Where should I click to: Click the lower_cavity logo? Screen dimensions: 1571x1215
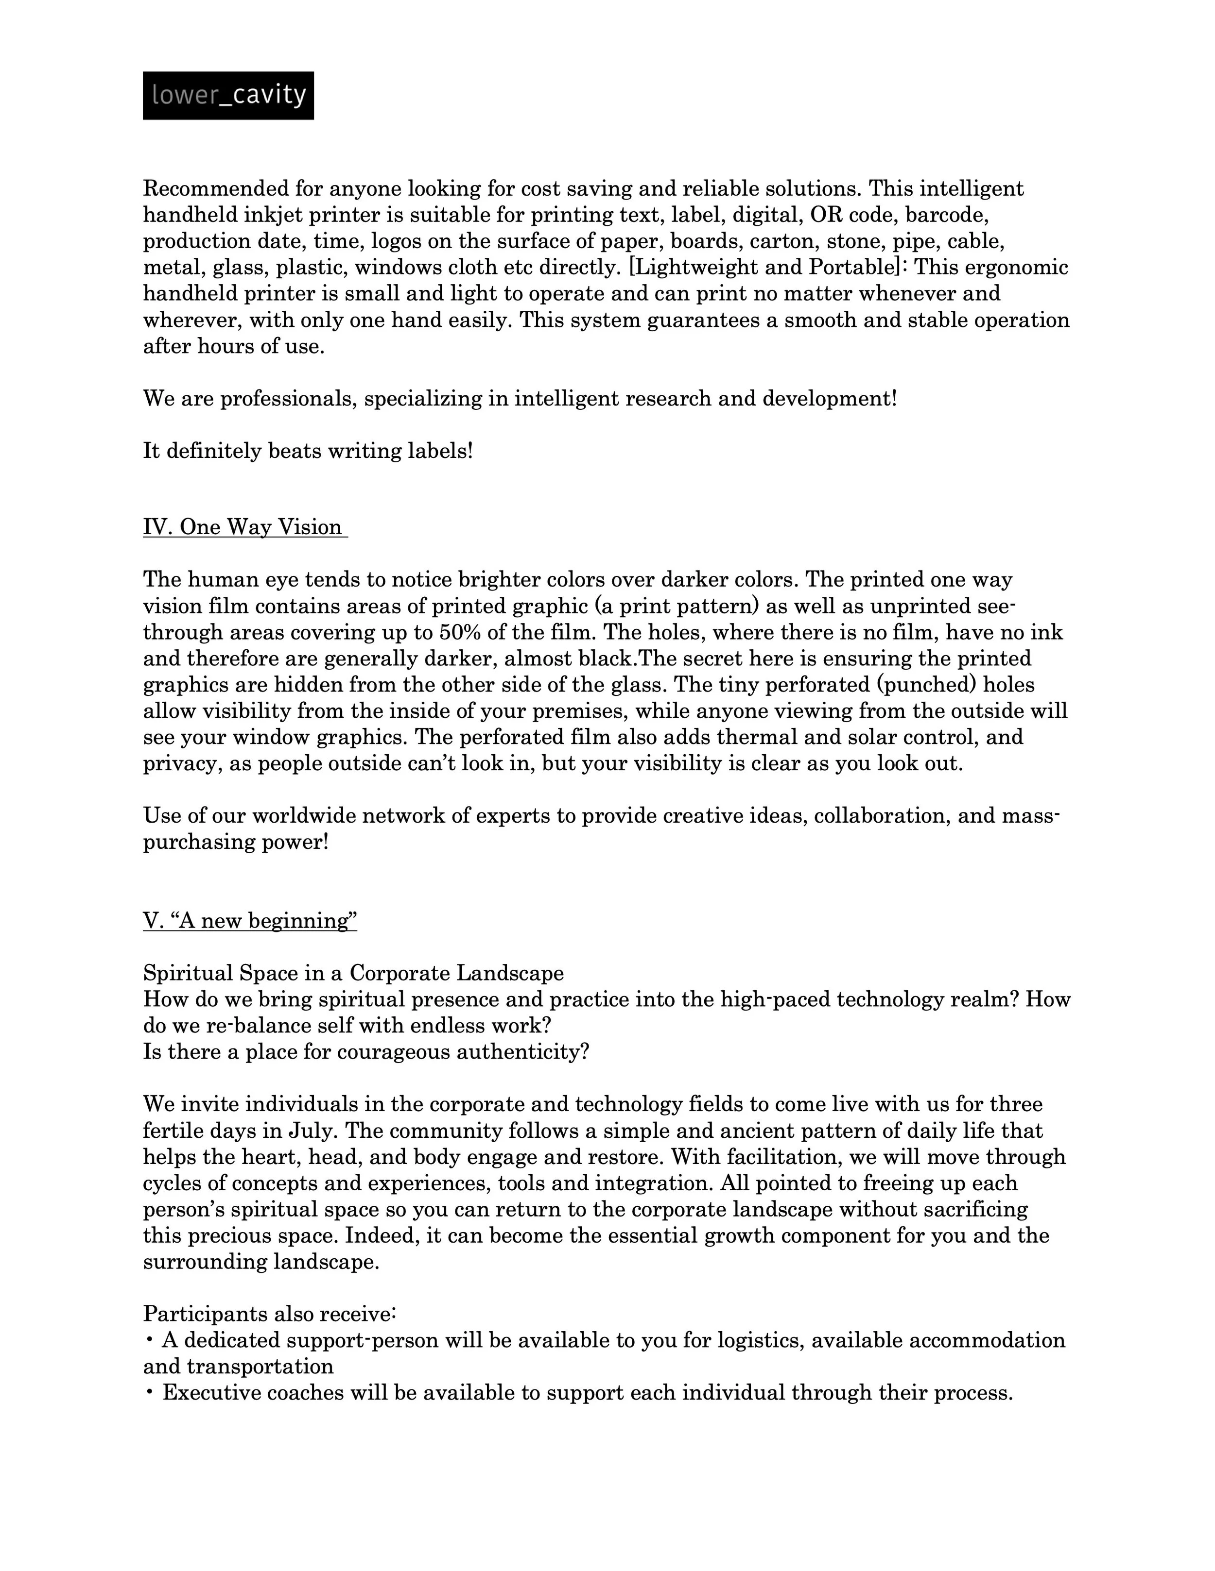pos(227,95)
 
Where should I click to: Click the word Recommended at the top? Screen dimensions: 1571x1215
pos(215,188)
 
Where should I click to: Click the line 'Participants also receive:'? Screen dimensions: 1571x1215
pos(270,1314)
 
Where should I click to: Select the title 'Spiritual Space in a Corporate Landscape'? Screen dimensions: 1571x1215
pos(353,973)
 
